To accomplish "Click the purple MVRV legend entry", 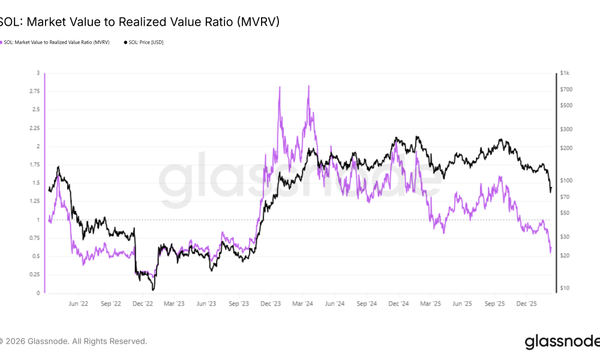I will point(57,43).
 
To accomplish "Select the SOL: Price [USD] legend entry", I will point(144,43).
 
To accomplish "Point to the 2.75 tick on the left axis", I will point(35,91).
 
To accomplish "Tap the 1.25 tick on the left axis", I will point(35,202).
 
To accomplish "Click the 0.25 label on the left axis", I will point(35,275).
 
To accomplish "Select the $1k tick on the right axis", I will point(564,73).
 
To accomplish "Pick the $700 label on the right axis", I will point(566,89).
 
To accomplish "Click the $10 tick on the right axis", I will point(565,289).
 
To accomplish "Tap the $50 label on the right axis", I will point(565,213).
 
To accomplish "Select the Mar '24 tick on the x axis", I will point(304,304).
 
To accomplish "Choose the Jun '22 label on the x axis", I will point(79,304).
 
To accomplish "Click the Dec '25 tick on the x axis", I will point(529,304).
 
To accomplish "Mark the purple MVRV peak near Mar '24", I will point(308,86).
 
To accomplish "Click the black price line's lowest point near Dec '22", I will point(153,290).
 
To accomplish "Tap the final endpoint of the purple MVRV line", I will point(551,253).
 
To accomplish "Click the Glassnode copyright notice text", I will point(73,341).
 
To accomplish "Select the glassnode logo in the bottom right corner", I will point(562,342).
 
